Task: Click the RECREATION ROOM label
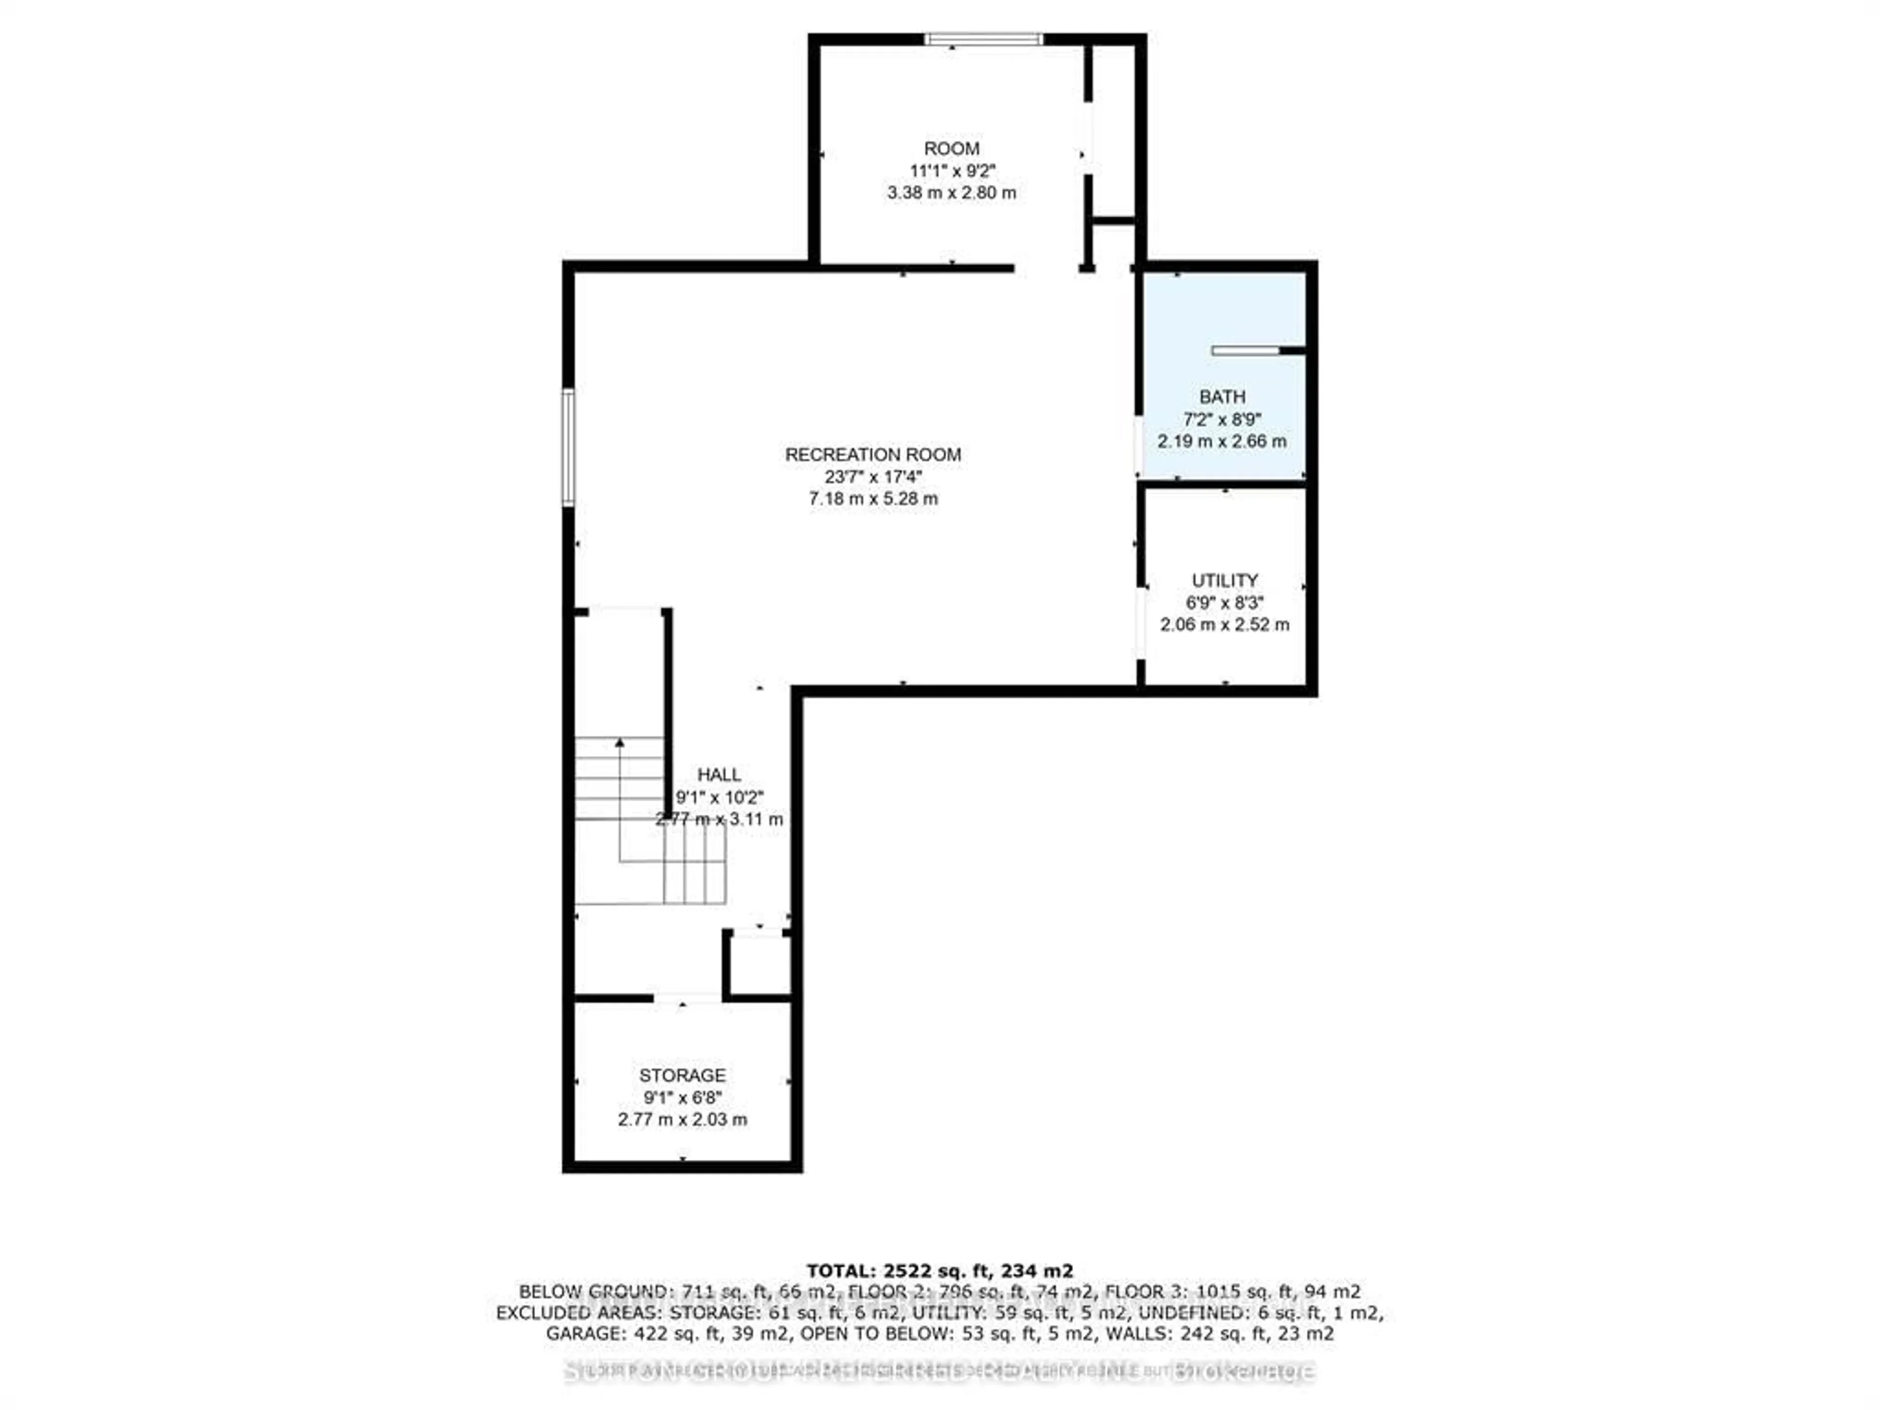[x=873, y=455]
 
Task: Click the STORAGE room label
[x=682, y=1075]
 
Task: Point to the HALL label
[x=719, y=774]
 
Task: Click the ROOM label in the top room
[x=952, y=149]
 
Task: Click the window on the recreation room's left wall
[x=568, y=448]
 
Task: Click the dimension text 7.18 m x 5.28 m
[x=873, y=499]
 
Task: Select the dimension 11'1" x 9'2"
[x=952, y=171]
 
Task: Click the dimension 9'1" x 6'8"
[x=682, y=1097]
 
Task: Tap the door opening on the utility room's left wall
[x=1141, y=623]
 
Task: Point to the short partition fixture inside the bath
[x=1246, y=350]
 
